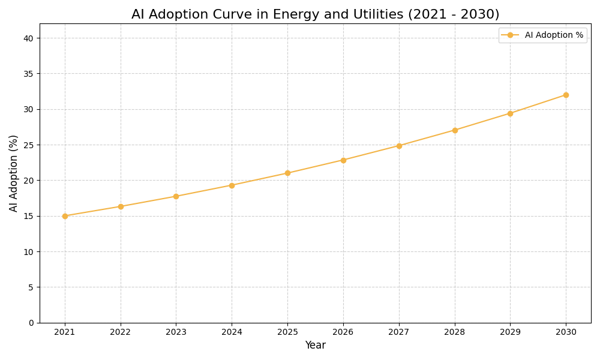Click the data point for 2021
point(65,216)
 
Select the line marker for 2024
point(232,185)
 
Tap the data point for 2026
point(343,160)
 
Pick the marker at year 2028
point(455,130)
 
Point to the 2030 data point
point(566,95)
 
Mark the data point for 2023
point(176,196)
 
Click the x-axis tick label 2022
point(121,332)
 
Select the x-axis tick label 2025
point(287,332)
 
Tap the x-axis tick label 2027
point(399,332)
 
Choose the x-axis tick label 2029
point(510,332)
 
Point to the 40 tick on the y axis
point(29,38)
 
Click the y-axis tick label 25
point(29,145)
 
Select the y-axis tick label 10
point(29,252)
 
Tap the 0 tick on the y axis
point(31,323)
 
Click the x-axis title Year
point(315,346)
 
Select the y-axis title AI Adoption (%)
point(14,173)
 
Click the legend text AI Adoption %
point(554,35)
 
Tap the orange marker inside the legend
point(510,35)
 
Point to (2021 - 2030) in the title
point(454,15)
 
